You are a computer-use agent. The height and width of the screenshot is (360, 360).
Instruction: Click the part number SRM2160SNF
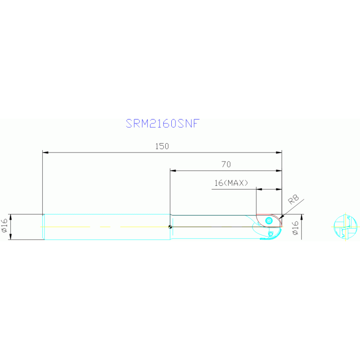[162, 123]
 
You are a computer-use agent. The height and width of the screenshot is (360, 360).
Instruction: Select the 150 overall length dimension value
[162, 146]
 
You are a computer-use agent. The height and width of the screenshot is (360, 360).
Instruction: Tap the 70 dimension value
[226, 164]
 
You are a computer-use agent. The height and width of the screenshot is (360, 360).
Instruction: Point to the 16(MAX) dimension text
[231, 183]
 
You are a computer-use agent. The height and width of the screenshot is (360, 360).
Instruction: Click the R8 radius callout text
[294, 199]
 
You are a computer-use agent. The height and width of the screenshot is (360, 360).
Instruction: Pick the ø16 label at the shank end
[4, 227]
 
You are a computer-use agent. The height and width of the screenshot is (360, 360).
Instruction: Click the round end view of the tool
[345, 227]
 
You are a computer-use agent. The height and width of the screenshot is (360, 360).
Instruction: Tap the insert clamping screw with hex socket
[269, 220]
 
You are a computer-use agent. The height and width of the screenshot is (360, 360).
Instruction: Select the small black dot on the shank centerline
[170, 227]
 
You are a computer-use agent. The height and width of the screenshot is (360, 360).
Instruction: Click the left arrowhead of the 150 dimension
[45, 152]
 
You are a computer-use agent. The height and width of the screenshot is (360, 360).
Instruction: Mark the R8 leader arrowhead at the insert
[282, 215]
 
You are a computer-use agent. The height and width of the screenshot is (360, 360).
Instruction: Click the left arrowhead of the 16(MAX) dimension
[259, 189]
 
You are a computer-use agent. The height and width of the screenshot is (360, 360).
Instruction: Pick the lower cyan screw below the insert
[270, 233]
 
